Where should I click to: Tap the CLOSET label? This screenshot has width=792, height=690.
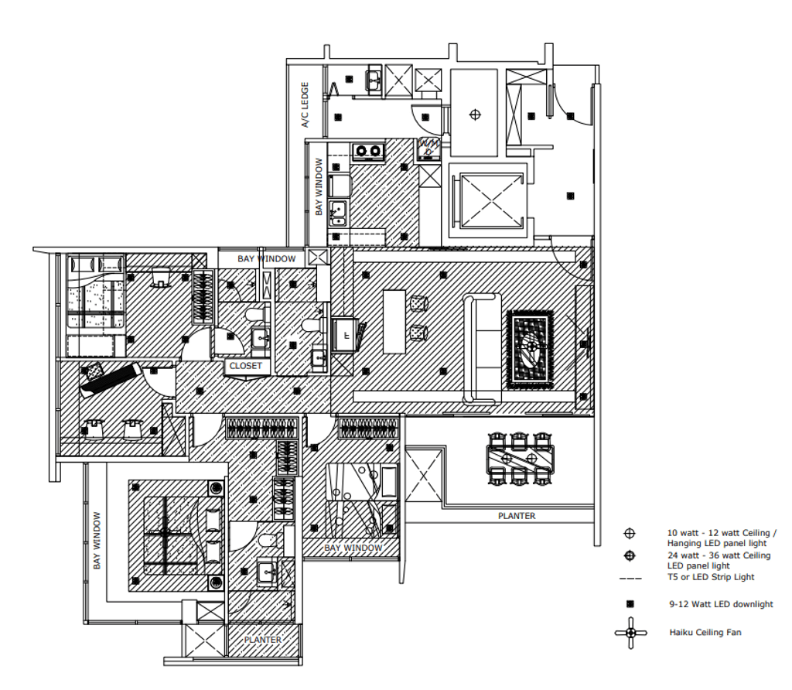click(245, 366)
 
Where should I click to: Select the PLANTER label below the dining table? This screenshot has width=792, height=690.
click(516, 516)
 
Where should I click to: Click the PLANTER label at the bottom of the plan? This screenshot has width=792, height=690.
click(262, 640)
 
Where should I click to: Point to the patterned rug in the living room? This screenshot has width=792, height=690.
click(530, 349)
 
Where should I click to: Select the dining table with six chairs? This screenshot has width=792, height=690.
click(519, 459)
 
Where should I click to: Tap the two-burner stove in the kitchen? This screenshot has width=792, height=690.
click(368, 151)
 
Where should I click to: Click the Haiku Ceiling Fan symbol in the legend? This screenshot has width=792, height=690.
click(630, 633)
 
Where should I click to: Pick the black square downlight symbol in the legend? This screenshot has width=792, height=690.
click(630, 604)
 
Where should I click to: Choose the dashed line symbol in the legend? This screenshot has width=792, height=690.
click(630, 578)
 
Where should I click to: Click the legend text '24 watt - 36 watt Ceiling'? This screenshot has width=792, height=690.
click(719, 555)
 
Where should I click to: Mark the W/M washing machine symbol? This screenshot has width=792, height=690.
click(428, 149)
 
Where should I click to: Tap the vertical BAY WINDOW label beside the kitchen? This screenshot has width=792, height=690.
click(318, 187)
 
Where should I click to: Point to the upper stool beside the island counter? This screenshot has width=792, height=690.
click(419, 303)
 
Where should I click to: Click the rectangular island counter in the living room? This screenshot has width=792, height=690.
click(394, 321)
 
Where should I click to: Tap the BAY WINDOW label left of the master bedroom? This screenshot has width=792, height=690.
click(97, 541)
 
